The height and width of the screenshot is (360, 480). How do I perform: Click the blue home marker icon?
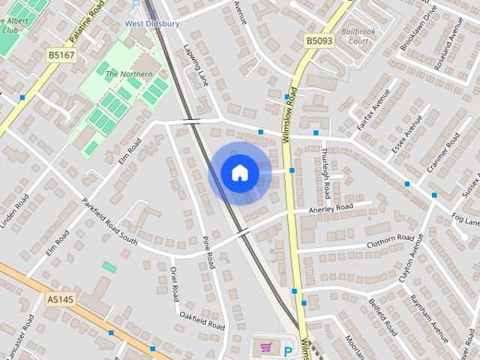click(240, 173)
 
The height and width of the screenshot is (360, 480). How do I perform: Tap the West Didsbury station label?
click(151, 24)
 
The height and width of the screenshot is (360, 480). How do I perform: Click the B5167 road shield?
click(61, 55)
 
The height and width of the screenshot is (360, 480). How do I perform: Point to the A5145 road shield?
click(60, 300)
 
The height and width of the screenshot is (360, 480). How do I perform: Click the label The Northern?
click(128, 74)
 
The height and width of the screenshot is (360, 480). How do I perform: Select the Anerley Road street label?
click(330, 208)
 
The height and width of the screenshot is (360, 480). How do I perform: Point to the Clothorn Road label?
click(390, 241)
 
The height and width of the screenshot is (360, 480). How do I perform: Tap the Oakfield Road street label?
click(202, 321)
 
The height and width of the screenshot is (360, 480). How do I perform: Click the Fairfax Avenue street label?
click(373, 110)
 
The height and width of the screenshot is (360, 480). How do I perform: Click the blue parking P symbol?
click(288, 351)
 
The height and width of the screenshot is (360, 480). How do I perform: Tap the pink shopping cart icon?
click(265, 347)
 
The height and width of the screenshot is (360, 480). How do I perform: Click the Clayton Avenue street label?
click(411, 257)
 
